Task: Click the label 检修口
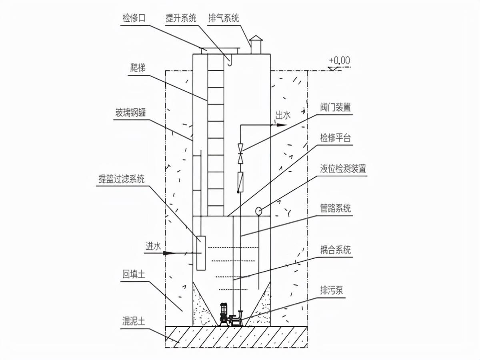(134, 18)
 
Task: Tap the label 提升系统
(181, 18)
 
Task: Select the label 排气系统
(224, 18)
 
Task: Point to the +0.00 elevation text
(339, 60)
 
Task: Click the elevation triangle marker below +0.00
(334, 68)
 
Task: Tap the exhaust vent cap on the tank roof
(256, 39)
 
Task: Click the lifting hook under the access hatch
(229, 60)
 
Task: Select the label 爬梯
(138, 68)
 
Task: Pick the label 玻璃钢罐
(130, 113)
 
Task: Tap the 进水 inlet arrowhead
(169, 253)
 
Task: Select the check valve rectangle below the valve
(240, 182)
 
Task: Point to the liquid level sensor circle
(259, 211)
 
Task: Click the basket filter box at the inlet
(201, 253)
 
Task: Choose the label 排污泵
(332, 290)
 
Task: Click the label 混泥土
(134, 321)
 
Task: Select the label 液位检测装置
(343, 169)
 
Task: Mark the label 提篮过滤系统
(121, 179)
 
